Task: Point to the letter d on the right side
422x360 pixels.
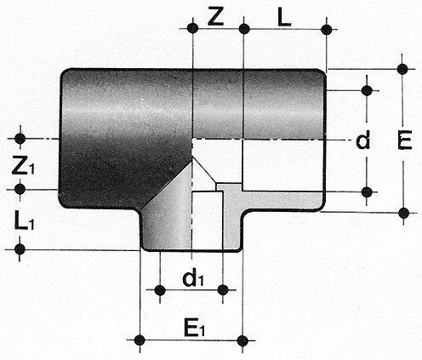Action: pos(362,140)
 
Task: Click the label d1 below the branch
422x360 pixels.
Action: pos(194,277)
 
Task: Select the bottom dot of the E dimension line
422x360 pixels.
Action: pos(402,212)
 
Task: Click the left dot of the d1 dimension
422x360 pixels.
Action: pos(160,290)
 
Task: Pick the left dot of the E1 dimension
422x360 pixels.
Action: pos(140,342)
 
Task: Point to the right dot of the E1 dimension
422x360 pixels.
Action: pos(243,342)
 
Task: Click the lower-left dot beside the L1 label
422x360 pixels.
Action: pos(19,249)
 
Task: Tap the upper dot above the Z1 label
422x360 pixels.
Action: pos(19,136)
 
